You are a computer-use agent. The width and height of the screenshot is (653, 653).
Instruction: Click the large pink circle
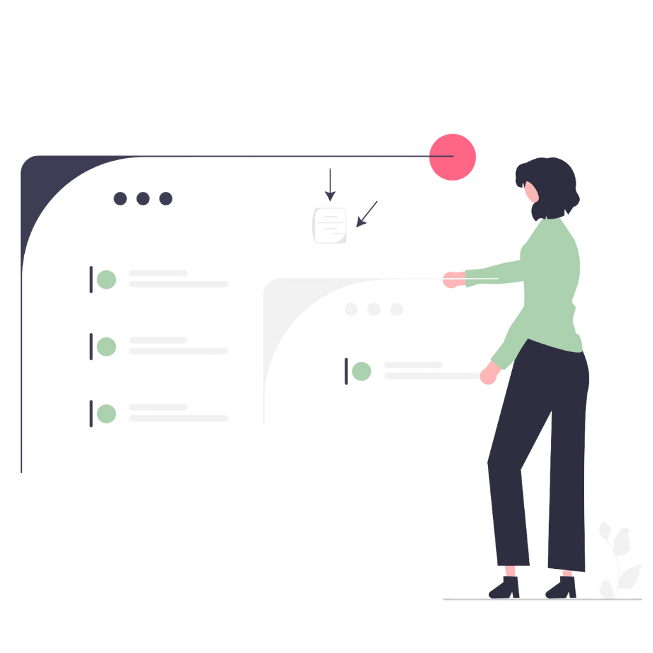coord(453,157)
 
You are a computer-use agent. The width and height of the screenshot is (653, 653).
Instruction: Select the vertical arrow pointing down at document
coord(330,184)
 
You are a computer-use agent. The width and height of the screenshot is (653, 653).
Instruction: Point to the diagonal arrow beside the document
coord(367,214)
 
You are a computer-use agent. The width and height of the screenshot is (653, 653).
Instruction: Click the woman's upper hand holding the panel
coord(453,279)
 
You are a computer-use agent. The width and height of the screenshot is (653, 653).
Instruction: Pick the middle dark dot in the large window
coord(143,198)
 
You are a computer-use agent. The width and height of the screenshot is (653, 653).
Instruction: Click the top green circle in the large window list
coord(106,279)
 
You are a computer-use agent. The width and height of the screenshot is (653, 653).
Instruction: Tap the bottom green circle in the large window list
coord(106,414)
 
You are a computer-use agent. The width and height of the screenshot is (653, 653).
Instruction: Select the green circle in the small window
coord(362,371)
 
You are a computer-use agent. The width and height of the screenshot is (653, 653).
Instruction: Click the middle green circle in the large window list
coord(106,347)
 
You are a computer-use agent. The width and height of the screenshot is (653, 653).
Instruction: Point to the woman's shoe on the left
coord(505,587)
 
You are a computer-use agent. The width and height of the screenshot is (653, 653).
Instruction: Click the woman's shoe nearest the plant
coord(562,587)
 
